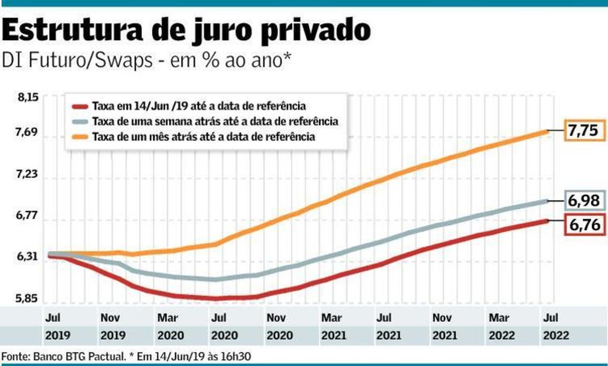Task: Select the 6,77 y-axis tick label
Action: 27,216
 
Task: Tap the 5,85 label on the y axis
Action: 27,298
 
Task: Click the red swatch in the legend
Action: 80,107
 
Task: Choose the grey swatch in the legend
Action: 80,121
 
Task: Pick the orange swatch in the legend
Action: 80,137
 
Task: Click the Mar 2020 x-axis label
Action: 167,327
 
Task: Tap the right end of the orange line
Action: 547,131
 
